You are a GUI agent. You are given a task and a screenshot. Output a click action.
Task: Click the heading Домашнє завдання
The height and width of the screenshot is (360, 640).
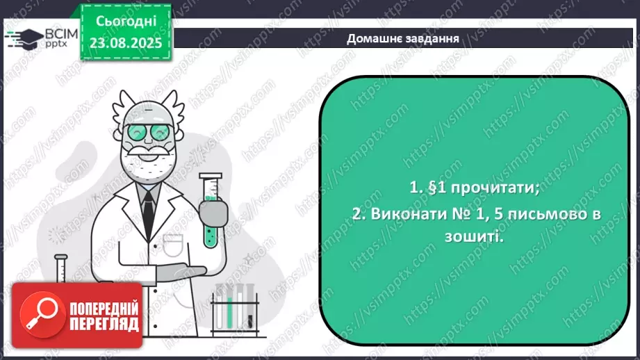pyautogui.click(x=402, y=38)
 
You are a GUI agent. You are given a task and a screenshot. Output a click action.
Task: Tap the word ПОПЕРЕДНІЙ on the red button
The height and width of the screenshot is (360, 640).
pyautogui.click(x=103, y=308)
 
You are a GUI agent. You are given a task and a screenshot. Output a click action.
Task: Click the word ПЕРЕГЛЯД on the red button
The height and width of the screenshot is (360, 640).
pyautogui.click(x=103, y=324)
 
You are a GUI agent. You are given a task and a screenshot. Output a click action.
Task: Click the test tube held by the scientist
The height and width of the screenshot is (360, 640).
pyautogui.click(x=211, y=208)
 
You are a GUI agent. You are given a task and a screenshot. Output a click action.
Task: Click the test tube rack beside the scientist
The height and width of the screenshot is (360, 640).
pyautogui.click(x=234, y=306)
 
